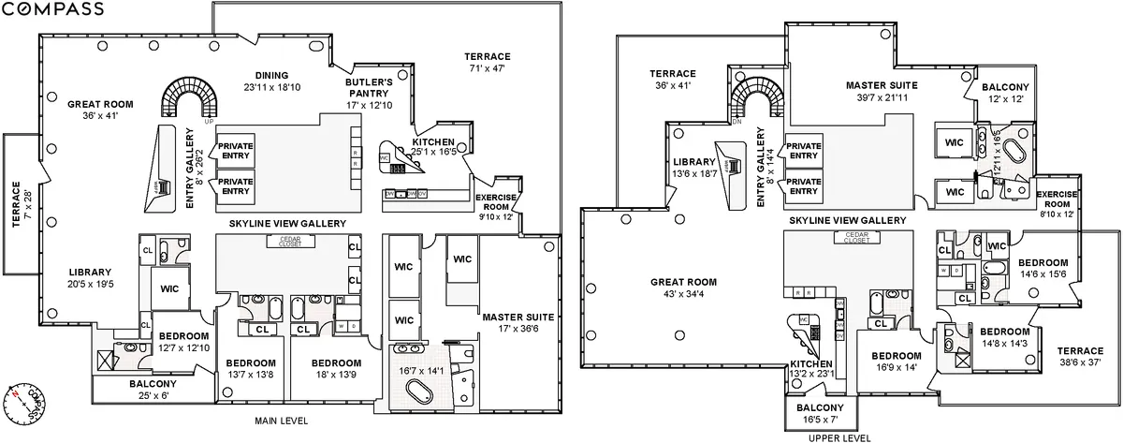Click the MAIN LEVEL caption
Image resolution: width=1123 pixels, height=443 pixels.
pos(281,421)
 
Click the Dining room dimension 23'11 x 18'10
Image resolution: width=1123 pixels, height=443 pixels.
pos(266,87)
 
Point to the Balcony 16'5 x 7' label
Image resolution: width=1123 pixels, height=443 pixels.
pos(819,414)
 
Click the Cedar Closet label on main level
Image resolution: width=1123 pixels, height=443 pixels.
pos(282,242)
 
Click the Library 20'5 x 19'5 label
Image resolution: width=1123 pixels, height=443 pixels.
pos(90,277)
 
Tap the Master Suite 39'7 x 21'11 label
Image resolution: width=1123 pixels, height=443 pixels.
pos(882,91)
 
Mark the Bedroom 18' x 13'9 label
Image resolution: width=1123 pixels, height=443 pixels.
pos(336,368)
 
